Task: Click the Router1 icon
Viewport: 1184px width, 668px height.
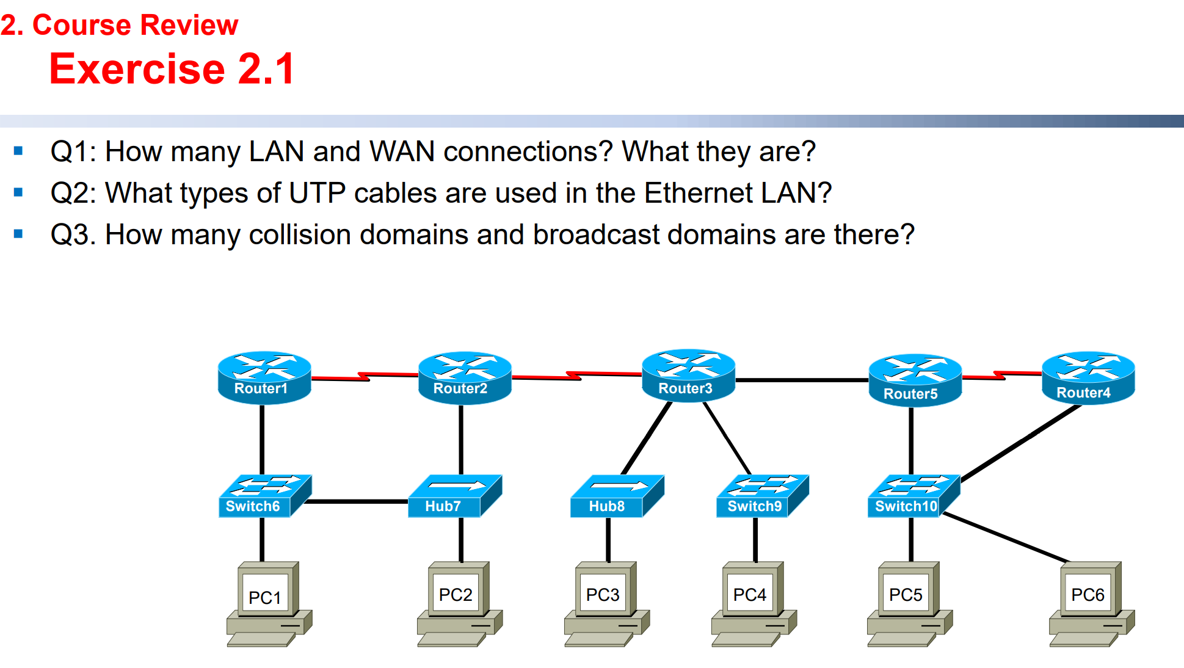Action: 264,377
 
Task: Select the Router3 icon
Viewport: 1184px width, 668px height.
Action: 688,375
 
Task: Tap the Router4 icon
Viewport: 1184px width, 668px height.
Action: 1088,377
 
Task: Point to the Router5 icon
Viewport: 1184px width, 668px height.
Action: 914,380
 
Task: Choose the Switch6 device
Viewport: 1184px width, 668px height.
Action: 264,496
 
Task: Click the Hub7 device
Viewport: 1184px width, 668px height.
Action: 454,496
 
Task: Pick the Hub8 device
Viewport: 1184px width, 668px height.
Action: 616,496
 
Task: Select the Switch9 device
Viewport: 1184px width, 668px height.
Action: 762,496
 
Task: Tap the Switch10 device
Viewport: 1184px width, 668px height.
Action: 913,496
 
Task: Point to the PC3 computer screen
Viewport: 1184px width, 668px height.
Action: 603,594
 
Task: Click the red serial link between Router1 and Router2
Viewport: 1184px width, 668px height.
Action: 365,376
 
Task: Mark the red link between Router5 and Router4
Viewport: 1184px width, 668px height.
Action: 1001,375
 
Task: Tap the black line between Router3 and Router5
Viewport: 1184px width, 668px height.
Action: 801,380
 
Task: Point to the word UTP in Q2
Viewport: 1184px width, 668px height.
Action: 317,193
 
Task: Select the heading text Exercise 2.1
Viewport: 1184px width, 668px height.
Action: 172,68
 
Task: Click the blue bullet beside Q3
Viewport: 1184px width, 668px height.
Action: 18,234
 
